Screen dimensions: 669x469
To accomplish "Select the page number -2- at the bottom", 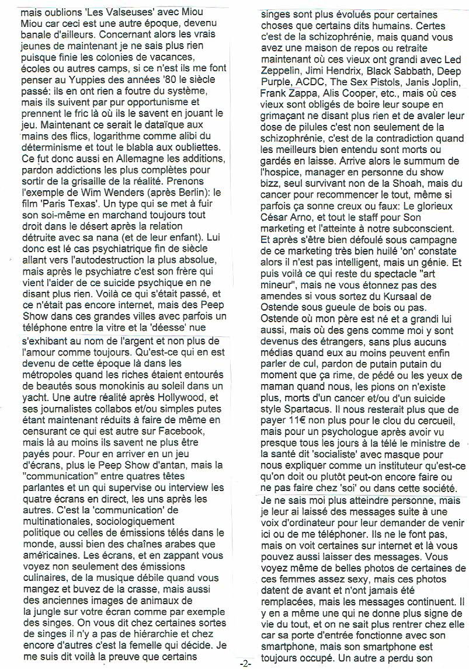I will tap(245, 663).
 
